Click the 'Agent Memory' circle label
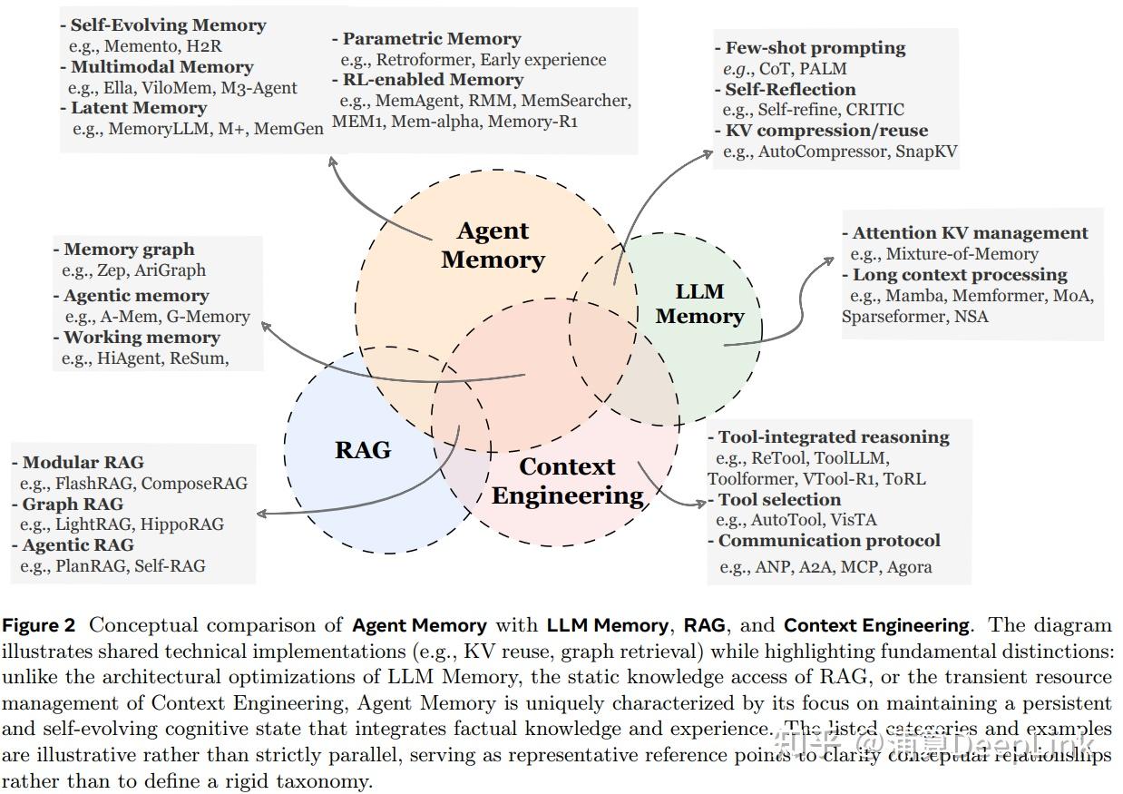pos(493,245)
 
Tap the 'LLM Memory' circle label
pos(699,304)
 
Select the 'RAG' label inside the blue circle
pos(363,449)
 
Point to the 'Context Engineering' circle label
pos(567,481)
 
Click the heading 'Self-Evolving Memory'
pos(168,25)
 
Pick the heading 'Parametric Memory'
pos(431,39)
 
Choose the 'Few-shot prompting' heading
pos(815,48)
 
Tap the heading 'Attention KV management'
pos(970,233)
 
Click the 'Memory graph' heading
pos(129,250)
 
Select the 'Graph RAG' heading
pos(73,504)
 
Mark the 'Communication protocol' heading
pos(829,541)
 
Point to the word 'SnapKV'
pos(925,152)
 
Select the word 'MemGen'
pos(288,129)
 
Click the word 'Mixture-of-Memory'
pos(962,254)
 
